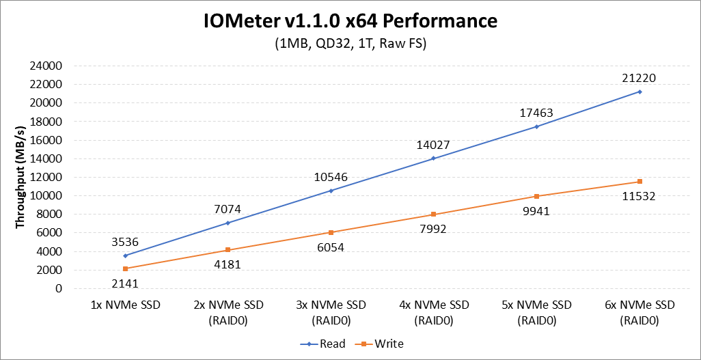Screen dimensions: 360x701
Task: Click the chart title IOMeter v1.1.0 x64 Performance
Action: (x=350, y=21)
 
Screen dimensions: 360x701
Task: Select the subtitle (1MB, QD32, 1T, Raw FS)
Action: (x=350, y=44)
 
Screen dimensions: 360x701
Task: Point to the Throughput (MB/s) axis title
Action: (x=20, y=177)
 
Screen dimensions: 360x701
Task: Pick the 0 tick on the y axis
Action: (x=59, y=288)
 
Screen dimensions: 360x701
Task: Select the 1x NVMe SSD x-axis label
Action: (x=125, y=305)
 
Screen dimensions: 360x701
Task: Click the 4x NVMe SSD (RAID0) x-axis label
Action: (x=434, y=311)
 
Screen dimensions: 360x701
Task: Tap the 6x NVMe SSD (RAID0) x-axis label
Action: (x=640, y=311)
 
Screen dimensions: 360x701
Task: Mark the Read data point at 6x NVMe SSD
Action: (x=640, y=92)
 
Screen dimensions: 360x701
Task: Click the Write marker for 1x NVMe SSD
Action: (x=125, y=268)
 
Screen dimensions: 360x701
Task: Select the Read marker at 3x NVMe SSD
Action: (x=331, y=191)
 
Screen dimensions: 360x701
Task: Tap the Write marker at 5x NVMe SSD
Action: (x=537, y=196)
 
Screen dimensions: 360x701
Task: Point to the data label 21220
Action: (x=640, y=78)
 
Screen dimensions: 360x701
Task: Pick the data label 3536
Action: (x=125, y=241)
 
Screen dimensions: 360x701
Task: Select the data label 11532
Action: (x=640, y=196)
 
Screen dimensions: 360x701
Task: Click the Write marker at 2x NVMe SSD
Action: (x=228, y=249)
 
